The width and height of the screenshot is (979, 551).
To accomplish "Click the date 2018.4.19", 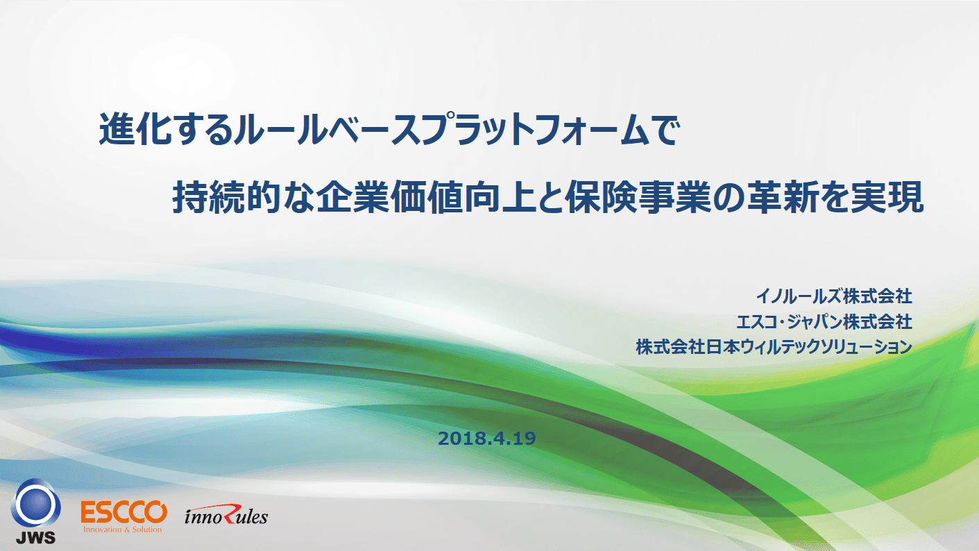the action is pos(486,439).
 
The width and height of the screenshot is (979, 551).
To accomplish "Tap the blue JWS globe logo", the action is pos(36,504).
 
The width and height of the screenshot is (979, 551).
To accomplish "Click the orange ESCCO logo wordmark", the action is pos(124,512).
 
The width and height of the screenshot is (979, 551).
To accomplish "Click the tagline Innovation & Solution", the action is pos(123,529).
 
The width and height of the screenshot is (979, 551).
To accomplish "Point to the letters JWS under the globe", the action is pos(36,537).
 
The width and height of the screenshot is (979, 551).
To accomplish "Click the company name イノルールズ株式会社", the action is pos(834,296).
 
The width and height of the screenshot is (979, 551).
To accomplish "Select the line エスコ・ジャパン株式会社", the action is pos(824,322).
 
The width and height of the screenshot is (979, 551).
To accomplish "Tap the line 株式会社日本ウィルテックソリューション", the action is pos(774,347).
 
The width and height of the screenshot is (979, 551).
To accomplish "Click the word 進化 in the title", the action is pos(135,129).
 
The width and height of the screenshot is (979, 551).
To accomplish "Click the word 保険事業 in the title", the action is pos(638,198).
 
